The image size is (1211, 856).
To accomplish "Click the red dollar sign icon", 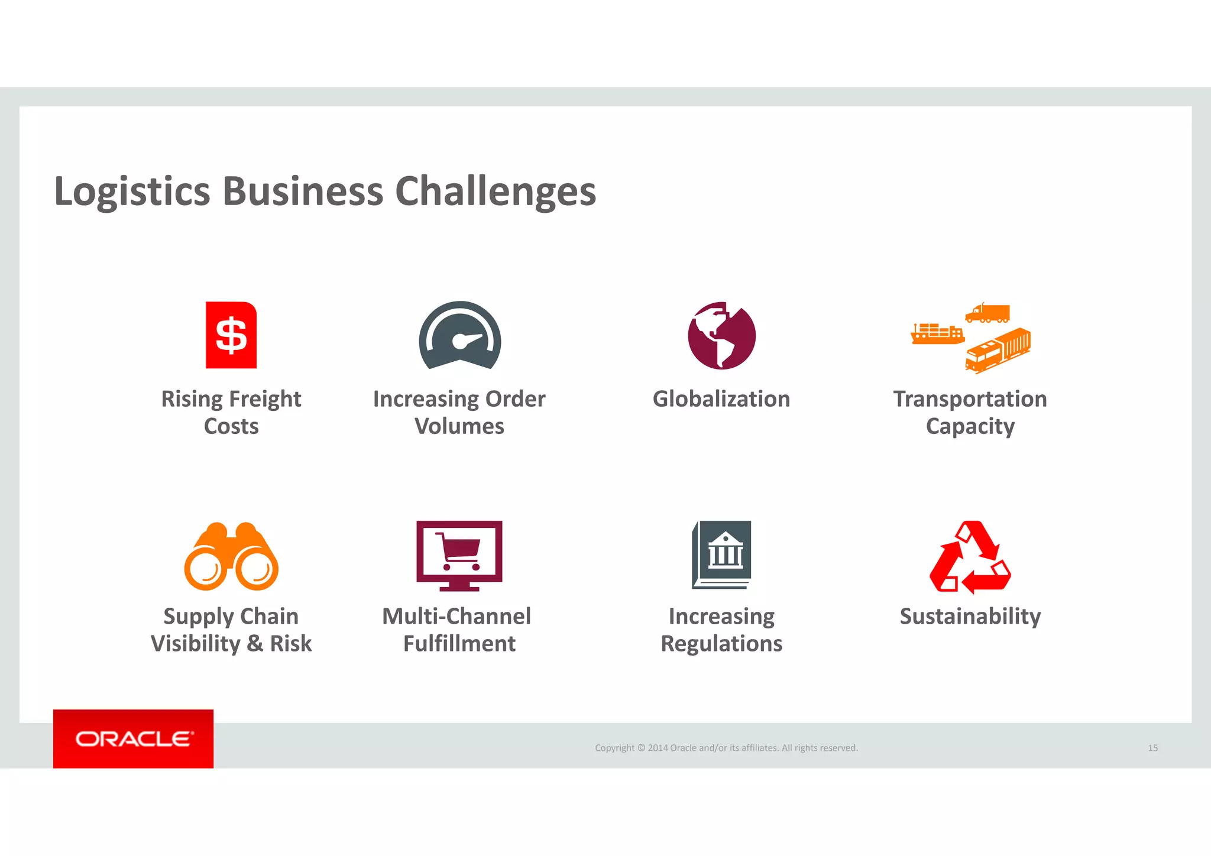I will point(231,335).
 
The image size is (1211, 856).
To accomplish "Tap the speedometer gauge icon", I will point(460,336).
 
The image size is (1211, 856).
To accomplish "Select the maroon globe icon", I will point(721,336).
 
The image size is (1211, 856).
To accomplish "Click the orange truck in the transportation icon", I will point(987,313).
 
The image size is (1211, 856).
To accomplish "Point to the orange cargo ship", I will point(937,335).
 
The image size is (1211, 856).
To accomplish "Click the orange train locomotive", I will point(998,351).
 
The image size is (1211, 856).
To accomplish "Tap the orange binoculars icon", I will point(231,556).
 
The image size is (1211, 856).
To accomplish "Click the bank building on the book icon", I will point(726,551).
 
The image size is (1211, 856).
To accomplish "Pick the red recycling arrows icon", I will point(970,557).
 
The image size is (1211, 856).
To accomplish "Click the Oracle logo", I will point(134,739).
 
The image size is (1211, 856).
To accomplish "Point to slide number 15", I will point(1152,748).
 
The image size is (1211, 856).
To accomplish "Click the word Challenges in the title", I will point(496,192).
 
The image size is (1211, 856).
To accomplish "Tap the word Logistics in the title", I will point(132,192).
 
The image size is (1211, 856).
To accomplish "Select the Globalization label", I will point(721,399).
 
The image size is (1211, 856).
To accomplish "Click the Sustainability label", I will point(970,617).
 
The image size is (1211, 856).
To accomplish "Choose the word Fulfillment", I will point(459,644).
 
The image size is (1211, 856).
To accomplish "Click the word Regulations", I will point(721,644).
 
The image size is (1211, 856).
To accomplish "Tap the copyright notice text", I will point(726,748).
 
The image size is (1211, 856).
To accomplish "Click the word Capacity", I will point(970,426).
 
